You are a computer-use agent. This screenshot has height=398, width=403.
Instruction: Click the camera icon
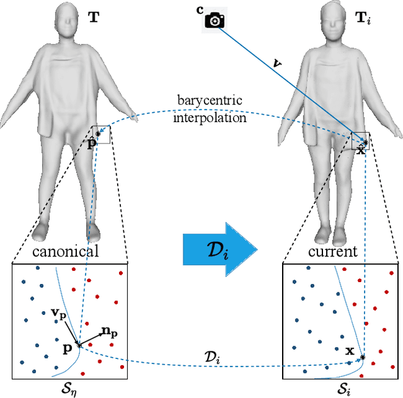[x=215, y=20]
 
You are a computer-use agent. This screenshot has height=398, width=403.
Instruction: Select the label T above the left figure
[x=93, y=18]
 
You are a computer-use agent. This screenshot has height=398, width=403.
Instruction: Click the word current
[x=333, y=252]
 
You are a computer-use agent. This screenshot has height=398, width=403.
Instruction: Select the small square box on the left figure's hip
[x=101, y=134]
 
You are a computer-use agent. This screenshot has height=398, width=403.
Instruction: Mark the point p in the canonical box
[x=79, y=345]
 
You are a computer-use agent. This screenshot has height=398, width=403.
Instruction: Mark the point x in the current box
[x=363, y=358]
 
